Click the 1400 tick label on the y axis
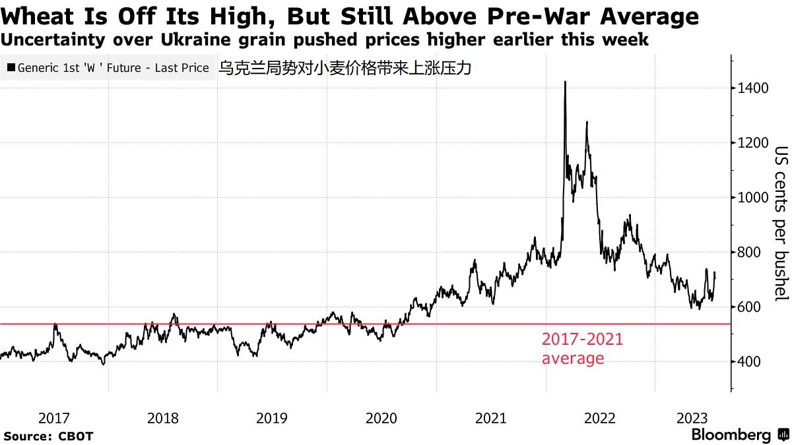(x=753, y=88)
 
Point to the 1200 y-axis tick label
(x=753, y=143)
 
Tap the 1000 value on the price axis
(x=753, y=198)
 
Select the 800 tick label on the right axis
(x=750, y=252)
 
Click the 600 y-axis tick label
(x=750, y=307)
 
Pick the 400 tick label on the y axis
(x=750, y=362)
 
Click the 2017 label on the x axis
(x=54, y=418)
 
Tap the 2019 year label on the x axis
(x=272, y=418)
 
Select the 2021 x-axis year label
(x=491, y=418)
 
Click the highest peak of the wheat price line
(x=565, y=82)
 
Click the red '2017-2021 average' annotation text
(x=582, y=349)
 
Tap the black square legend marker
(x=10, y=68)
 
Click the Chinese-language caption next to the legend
(x=345, y=68)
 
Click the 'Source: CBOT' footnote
(x=49, y=436)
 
